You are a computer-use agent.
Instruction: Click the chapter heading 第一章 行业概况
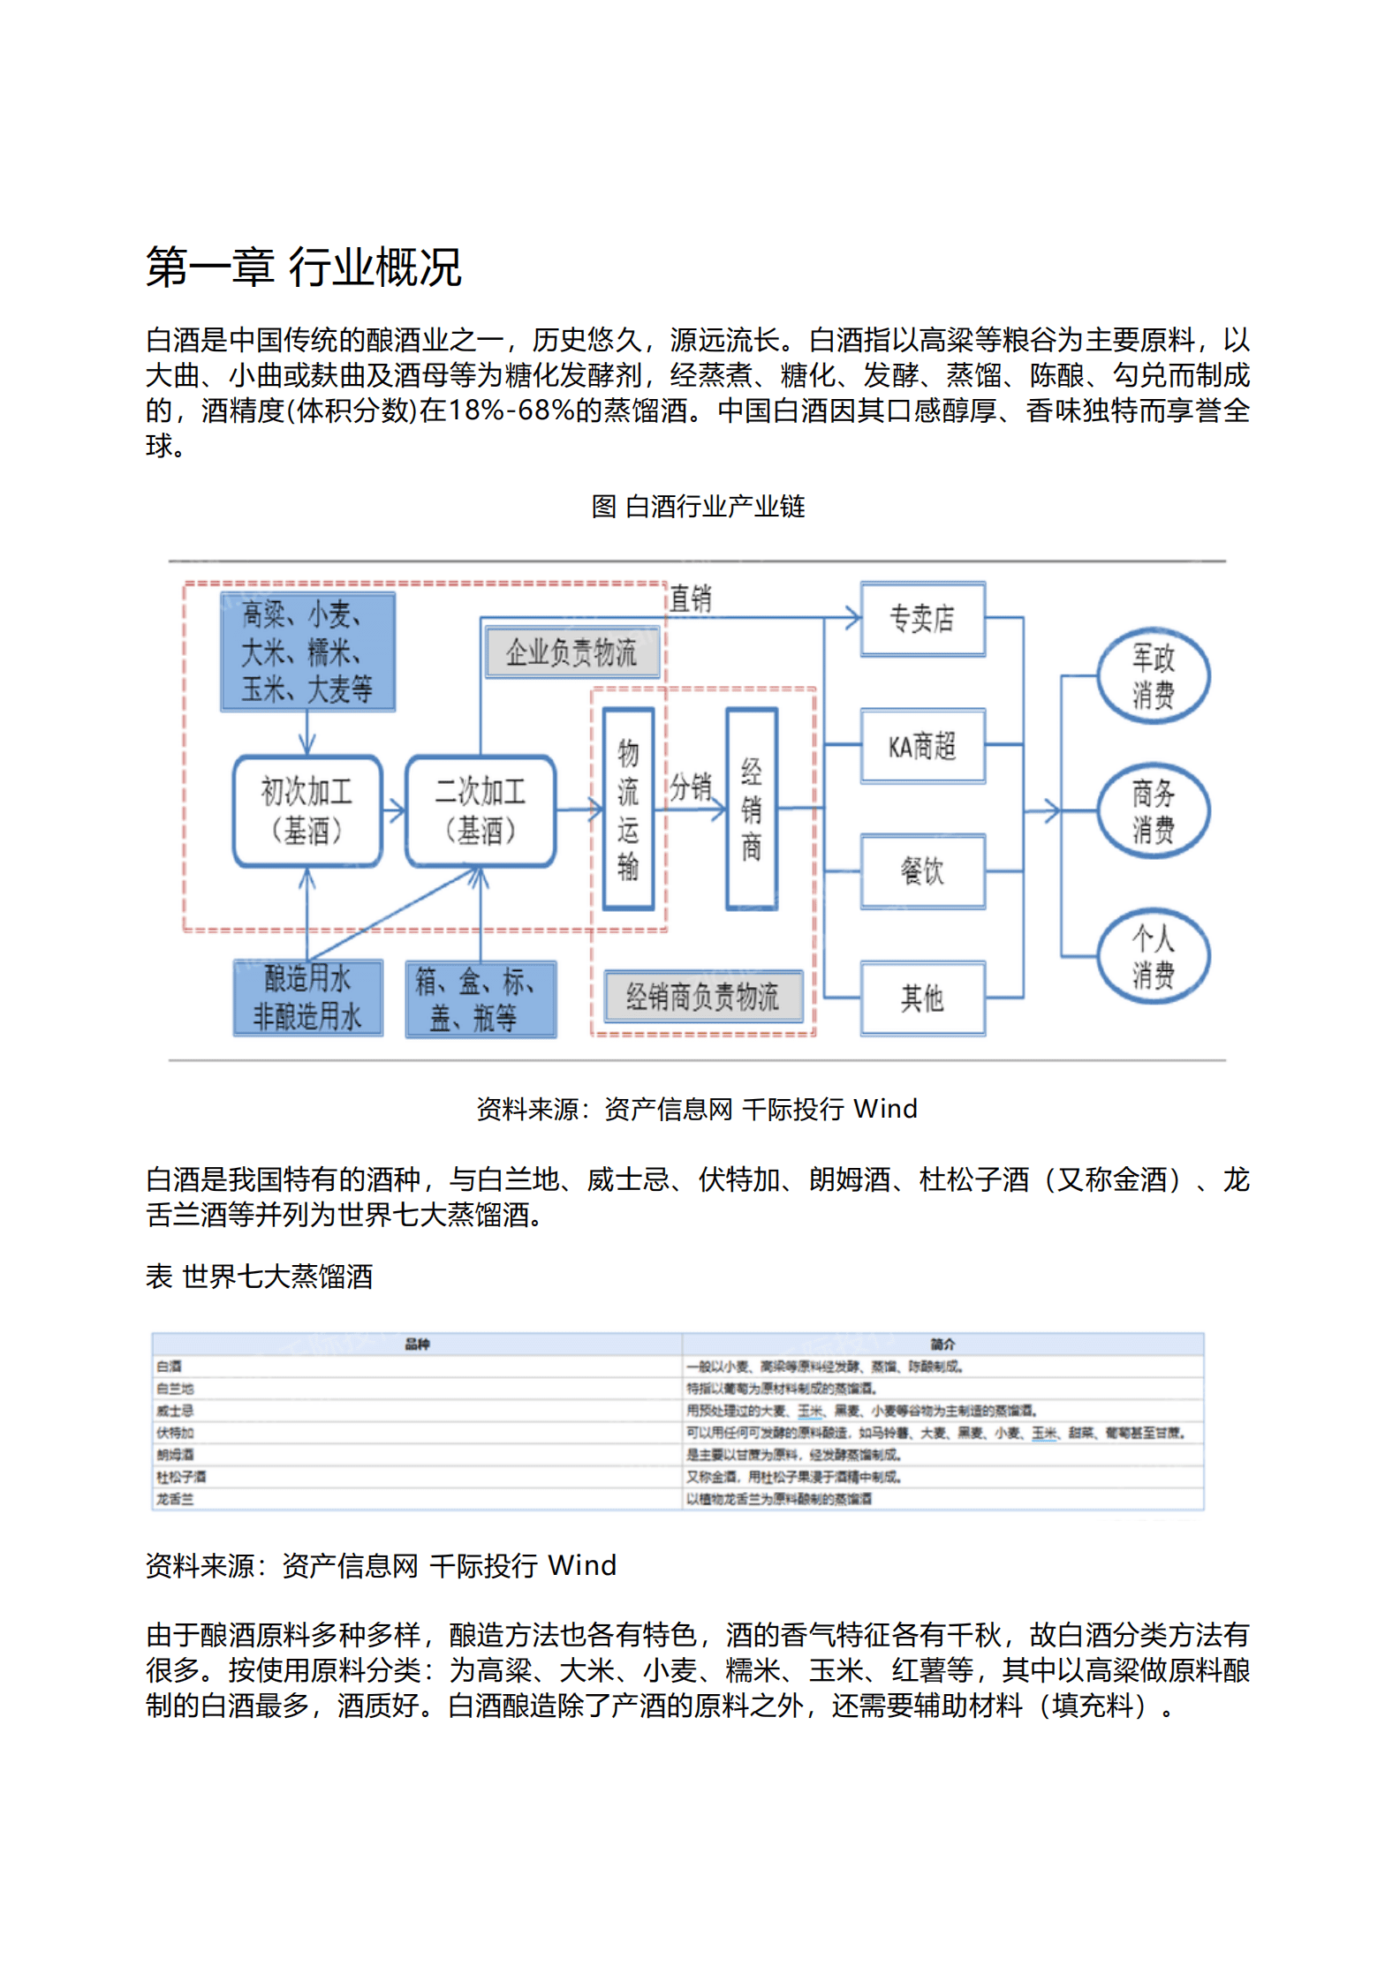click(x=303, y=267)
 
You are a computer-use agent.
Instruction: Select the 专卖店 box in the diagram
click(x=922, y=619)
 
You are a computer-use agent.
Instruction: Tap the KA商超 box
click(x=922, y=746)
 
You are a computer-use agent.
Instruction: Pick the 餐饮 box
click(x=922, y=871)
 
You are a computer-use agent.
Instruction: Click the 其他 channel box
click(x=922, y=998)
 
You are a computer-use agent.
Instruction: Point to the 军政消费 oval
click(x=1153, y=676)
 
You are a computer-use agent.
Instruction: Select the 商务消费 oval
click(x=1153, y=811)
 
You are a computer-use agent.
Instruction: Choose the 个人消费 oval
click(x=1153, y=956)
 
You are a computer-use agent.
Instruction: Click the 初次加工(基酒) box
click(x=307, y=810)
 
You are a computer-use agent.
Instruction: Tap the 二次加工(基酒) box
click(x=481, y=810)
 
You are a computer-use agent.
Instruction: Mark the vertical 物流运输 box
click(x=628, y=809)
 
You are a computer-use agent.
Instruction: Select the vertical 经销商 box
click(x=752, y=809)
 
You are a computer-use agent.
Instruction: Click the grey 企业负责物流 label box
click(x=571, y=652)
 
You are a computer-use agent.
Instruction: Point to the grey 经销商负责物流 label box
click(x=703, y=997)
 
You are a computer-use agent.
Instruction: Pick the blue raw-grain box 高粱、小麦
click(x=307, y=652)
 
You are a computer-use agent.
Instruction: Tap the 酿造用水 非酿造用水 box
click(x=307, y=998)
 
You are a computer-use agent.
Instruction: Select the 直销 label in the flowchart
click(x=690, y=599)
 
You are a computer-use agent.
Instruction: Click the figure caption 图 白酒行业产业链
click(x=698, y=507)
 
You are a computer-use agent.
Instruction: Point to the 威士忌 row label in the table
click(x=175, y=1411)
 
